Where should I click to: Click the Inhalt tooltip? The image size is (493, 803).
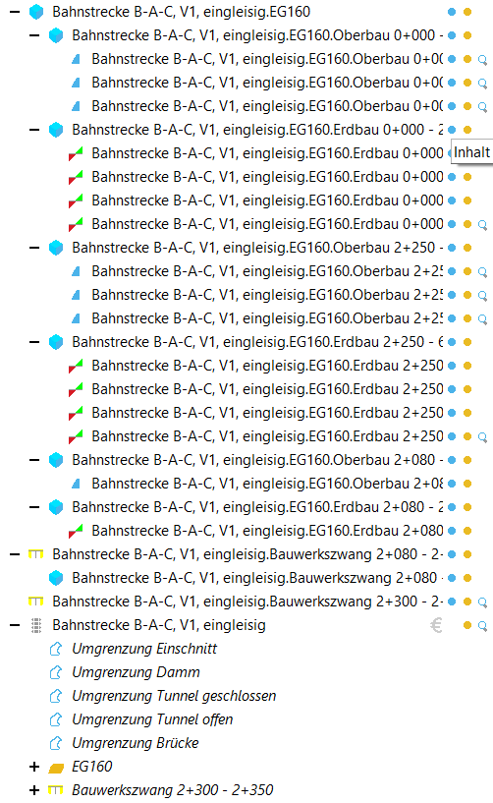tap(472, 152)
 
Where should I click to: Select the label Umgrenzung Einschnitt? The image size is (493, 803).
tap(144, 649)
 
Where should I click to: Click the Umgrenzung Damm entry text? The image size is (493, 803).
tap(136, 672)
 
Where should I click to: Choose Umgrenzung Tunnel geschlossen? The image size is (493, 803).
tap(174, 696)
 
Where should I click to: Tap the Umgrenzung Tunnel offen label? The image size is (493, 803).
tap(152, 719)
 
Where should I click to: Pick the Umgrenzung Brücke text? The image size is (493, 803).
tap(136, 743)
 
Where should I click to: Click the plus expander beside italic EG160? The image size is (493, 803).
tap(34, 767)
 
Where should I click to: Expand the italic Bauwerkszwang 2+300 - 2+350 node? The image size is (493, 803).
tap(34, 790)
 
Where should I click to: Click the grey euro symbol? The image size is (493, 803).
tap(436, 625)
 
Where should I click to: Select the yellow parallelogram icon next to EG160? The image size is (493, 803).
tap(56, 768)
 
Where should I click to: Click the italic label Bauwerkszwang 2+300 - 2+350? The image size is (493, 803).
tap(173, 790)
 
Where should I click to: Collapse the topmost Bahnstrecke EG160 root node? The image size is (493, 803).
tap(15, 12)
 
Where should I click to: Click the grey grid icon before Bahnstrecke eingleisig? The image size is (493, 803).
tap(36, 625)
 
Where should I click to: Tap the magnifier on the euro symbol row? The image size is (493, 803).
tap(482, 626)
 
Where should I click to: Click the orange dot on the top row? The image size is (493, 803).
tap(467, 12)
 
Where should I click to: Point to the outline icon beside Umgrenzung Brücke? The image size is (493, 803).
tap(56, 743)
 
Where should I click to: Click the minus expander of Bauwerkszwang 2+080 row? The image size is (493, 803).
tap(15, 554)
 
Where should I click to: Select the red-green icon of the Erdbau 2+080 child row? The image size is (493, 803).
tap(76, 531)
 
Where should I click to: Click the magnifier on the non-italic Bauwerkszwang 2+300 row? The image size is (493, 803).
tap(482, 602)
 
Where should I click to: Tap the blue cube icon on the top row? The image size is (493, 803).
tap(36, 12)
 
